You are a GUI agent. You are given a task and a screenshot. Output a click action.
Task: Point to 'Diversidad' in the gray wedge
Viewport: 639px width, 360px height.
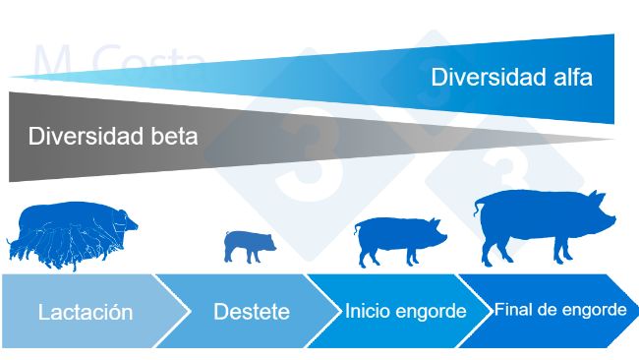pos(87,136)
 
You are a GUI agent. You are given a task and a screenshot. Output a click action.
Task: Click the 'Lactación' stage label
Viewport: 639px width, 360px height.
pos(86,313)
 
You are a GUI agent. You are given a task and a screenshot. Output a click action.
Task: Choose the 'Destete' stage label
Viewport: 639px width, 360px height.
pos(252,313)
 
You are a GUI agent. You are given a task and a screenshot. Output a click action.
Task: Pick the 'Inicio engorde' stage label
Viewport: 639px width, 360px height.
pos(405,312)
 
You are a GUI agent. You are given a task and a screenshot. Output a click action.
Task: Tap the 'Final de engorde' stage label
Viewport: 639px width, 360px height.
pos(559,310)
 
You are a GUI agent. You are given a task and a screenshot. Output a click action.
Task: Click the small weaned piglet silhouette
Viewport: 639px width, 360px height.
pos(249,244)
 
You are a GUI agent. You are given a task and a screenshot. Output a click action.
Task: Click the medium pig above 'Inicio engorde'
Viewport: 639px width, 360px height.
pos(398,239)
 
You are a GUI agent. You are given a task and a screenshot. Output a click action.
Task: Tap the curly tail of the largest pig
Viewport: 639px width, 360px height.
pos(479,207)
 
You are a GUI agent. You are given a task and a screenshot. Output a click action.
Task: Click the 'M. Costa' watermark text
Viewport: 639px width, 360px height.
pos(118,61)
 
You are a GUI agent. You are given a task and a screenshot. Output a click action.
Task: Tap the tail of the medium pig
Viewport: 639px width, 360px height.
pos(357,229)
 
